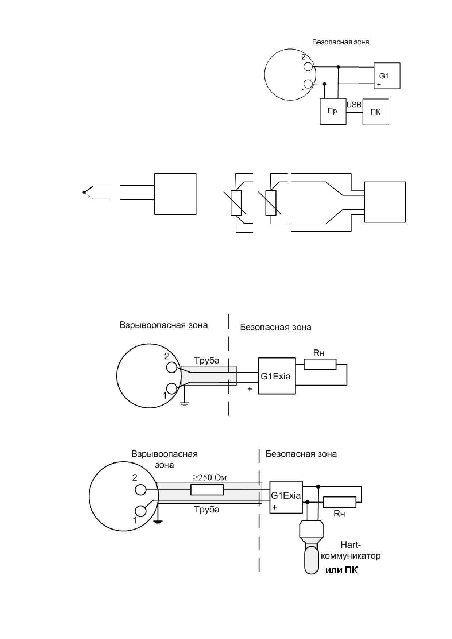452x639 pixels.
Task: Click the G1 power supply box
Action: coord(387,76)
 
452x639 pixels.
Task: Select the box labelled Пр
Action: coord(333,112)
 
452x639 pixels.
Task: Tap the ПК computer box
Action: coord(375,112)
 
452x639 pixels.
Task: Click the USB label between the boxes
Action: coord(354,105)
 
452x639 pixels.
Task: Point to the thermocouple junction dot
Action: coord(84,192)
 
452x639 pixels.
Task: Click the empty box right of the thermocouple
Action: coord(175,194)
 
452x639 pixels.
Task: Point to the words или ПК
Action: coord(341,570)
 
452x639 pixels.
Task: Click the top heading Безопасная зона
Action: coord(341,42)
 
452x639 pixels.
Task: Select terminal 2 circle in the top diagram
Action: coord(308,67)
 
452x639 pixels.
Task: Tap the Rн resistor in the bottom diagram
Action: coord(340,502)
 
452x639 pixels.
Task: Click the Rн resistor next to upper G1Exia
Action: coord(320,364)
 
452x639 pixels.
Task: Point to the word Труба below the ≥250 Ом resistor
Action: coord(206,510)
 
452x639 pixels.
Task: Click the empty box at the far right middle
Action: coord(385,202)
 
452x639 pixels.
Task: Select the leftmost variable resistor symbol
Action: coord(236,203)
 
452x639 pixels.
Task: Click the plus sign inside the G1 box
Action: coord(379,85)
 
